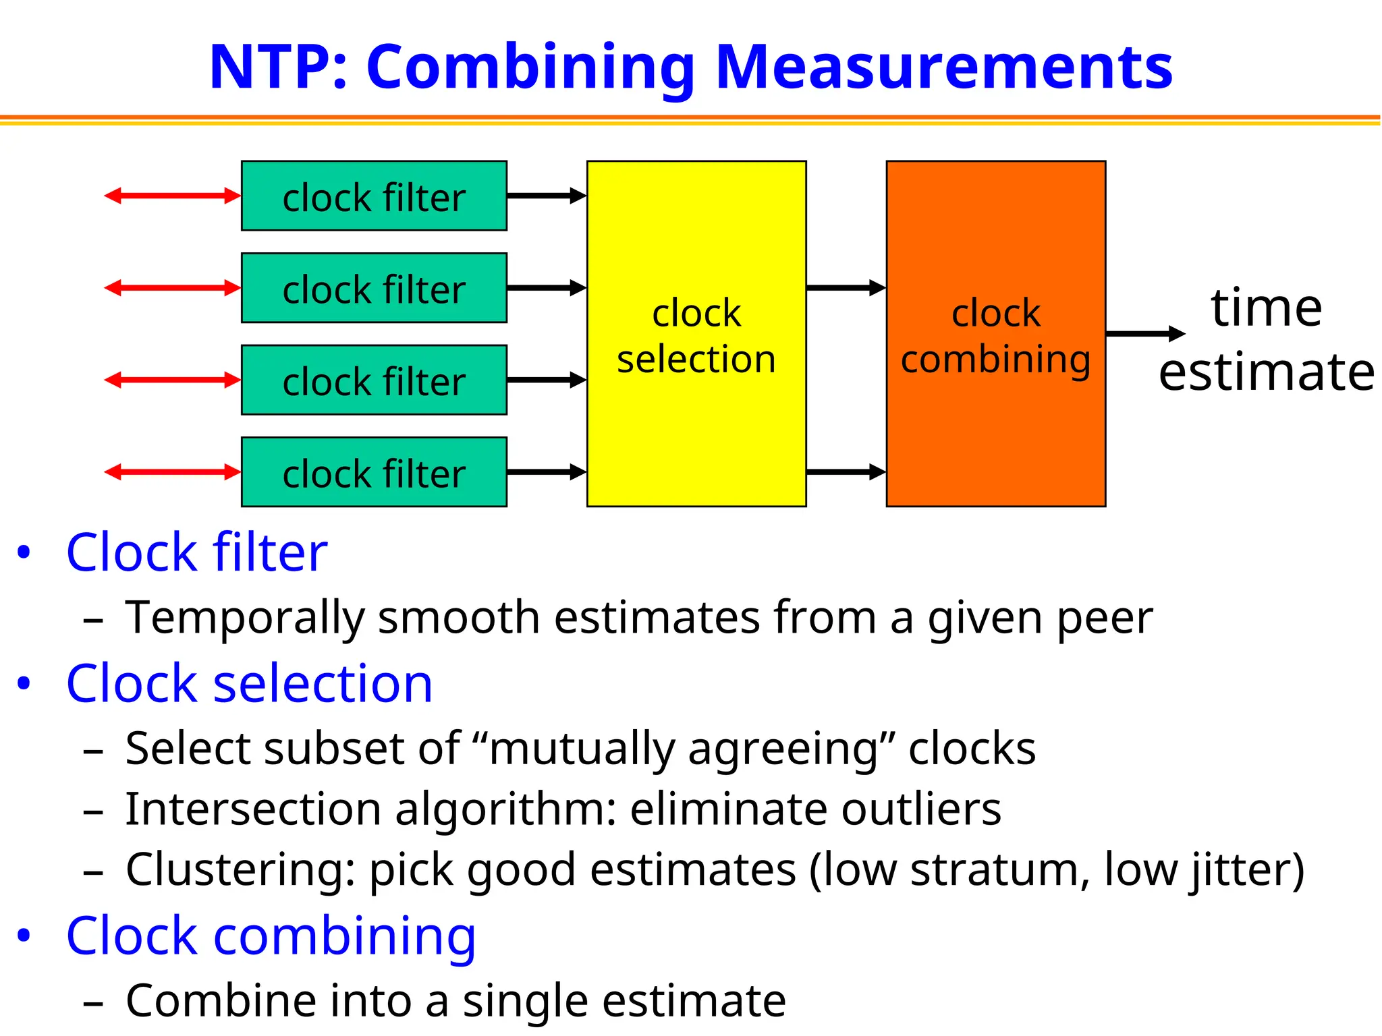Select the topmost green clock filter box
(x=374, y=196)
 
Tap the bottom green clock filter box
(x=374, y=472)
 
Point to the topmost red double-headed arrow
(x=173, y=196)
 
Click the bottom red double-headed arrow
(x=173, y=471)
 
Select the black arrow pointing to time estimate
(x=1144, y=333)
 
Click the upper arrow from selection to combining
(x=846, y=288)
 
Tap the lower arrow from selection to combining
(x=846, y=471)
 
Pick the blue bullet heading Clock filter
(x=196, y=552)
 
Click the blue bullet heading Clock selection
(x=249, y=683)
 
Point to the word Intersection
(x=253, y=809)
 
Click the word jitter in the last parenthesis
(x=1238, y=869)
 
